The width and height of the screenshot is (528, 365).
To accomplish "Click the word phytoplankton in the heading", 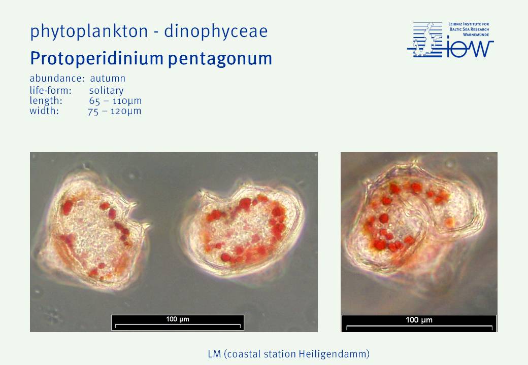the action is coord(89,31).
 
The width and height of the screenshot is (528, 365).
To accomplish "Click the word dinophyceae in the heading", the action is coord(216,31).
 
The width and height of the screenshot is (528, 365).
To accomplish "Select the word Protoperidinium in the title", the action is coord(96,58).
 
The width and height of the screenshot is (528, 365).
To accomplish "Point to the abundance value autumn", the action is coord(108,79).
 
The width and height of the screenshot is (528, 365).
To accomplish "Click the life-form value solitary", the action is coord(107,90).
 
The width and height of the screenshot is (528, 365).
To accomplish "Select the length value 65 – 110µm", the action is coord(116,101).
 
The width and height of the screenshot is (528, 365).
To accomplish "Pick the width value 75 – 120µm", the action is coord(115,111).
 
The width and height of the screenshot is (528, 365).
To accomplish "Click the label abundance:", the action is coord(57,78).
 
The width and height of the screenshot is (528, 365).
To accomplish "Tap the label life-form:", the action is coord(50,90).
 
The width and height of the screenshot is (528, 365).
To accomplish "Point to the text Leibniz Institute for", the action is coord(469,24).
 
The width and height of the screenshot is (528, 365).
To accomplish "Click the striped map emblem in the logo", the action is coord(425,40).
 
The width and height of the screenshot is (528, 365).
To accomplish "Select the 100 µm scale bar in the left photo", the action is coord(178,322).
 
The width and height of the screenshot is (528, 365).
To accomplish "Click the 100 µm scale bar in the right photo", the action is coord(419,323).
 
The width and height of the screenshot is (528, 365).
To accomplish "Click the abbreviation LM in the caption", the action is coord(214,354).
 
